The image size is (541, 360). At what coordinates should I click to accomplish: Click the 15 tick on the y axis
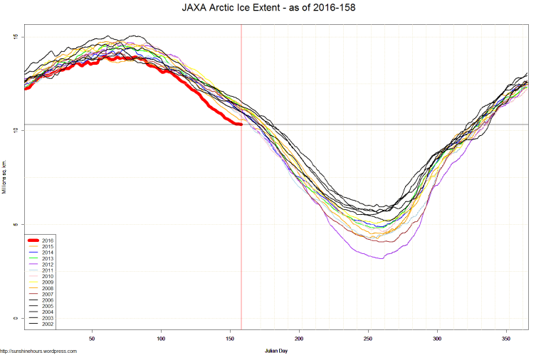(x=16, y=37)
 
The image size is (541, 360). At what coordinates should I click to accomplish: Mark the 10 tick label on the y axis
(x=16, y=130)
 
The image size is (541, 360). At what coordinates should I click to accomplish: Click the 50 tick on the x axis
(x=92, y=339)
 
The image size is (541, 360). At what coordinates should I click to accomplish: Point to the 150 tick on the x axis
(x=230, y=339)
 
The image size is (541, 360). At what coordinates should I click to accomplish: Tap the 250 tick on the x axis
(x=368, y=339)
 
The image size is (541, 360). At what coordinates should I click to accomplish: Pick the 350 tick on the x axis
(x=506, y=339)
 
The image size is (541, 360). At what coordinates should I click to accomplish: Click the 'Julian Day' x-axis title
(x=275, y=351)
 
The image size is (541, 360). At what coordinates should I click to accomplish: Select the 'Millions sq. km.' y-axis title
(x=4, y=177)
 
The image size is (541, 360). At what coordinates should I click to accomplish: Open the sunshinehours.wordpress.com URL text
(x=38, y=351)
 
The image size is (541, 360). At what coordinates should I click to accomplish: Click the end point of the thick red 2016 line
(x=241, y=125)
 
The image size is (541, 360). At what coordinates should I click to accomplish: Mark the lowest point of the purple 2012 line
(x=382, y=258)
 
